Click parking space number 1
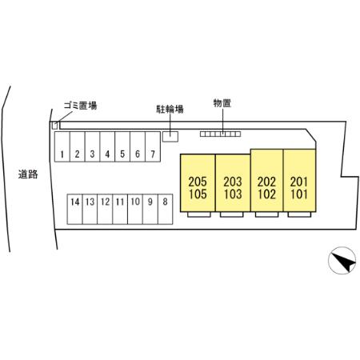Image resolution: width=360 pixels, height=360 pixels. point(62,146)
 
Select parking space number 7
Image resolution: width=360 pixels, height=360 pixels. point(153,146)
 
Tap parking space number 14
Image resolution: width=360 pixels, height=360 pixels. point(75,209)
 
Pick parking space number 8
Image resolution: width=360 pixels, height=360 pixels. point(166,209)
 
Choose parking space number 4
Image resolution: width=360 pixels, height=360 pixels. point(107,146)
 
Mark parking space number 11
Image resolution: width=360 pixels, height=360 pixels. point(120,209)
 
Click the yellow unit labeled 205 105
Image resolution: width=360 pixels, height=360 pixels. point(198,183)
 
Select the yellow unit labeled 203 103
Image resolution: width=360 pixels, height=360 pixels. point(233,183)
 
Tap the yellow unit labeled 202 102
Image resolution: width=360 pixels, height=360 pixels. point(266,180)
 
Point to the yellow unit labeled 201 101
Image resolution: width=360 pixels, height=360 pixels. point(299,180)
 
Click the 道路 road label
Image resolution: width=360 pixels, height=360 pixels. point(28,174)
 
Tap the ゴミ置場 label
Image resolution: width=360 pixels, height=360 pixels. point(80,106)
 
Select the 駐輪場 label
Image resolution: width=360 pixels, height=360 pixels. point(170,109)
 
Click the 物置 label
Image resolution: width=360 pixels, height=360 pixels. point(222,103)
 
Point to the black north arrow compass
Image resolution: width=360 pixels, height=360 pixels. point(342,260)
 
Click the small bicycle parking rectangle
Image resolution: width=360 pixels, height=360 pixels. point(170,137)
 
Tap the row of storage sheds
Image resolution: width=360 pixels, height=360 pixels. point(221,134)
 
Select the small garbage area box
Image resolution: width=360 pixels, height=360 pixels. point(54,126)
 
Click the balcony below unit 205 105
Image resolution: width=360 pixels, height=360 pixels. point(199,214)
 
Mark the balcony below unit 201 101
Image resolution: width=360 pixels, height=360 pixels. point(299,214)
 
